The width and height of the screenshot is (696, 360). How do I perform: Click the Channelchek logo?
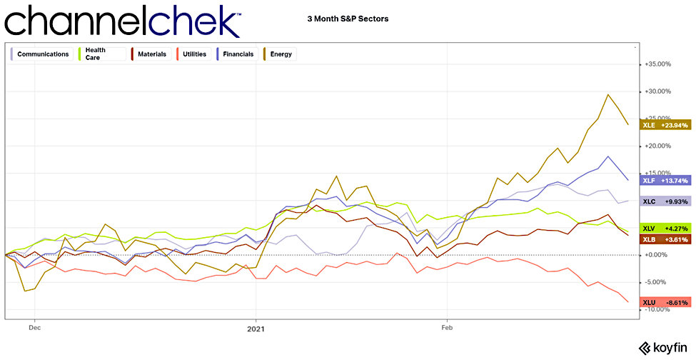[122, 21]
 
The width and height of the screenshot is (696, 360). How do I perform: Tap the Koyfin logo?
[662, 348]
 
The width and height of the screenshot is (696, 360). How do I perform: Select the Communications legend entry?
[41, 54]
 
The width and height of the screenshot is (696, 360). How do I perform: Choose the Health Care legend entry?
[96, 54]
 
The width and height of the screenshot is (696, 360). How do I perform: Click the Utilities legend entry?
[195, 54]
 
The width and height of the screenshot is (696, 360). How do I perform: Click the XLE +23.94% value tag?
[665, 124]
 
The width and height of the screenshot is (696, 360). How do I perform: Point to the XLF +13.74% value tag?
[665, 180]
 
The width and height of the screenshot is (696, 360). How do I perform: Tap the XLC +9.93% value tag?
[665, 201]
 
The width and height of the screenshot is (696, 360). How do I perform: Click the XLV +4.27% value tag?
[665, 228]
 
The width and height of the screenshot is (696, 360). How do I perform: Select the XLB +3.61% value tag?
[665, 239]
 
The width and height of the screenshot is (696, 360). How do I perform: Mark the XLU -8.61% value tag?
[665, 302]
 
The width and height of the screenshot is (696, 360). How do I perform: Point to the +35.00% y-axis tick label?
[657, 64]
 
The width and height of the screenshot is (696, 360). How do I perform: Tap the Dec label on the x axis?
[34, 329]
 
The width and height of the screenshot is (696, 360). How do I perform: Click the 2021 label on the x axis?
[256, 329]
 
